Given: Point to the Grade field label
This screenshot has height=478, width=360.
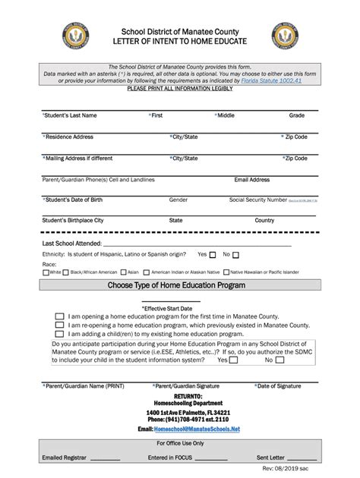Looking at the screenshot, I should pos(296,115).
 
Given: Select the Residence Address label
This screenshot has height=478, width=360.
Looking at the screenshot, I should pos(68,137).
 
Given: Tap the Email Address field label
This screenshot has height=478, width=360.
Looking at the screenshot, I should pos(251,180).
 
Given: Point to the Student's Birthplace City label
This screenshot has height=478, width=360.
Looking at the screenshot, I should pos(72,220).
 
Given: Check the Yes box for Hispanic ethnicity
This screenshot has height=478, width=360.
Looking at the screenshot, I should pos(213,255).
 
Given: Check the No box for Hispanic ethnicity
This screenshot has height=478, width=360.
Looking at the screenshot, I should pos(235,255).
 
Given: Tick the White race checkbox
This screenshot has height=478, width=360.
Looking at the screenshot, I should pos(46,272).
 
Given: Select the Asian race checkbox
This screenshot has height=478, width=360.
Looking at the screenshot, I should pos(124,272).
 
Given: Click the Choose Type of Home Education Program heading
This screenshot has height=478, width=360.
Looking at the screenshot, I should pos(179,285).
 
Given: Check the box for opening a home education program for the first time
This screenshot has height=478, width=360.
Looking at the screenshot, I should pos(59,316).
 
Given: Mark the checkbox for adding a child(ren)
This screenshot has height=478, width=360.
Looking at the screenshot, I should pos(59,332).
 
